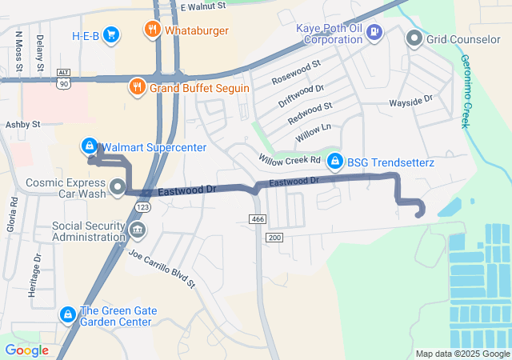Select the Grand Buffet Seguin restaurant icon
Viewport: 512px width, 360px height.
[x=138, y=87]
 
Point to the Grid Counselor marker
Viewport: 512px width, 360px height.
[x=414, y=38]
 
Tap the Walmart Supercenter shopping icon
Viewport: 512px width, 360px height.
[x=89, y=147]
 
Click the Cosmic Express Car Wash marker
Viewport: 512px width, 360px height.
[x=118, y=189]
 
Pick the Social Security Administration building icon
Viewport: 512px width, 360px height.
[x=137, y=231]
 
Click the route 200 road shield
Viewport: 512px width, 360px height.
[x=274, y=238]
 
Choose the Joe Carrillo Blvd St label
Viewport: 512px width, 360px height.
[x=162, y=268]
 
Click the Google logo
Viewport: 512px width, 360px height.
[x=27, y=350]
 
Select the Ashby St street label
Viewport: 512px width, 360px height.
[x=22, y=125]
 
